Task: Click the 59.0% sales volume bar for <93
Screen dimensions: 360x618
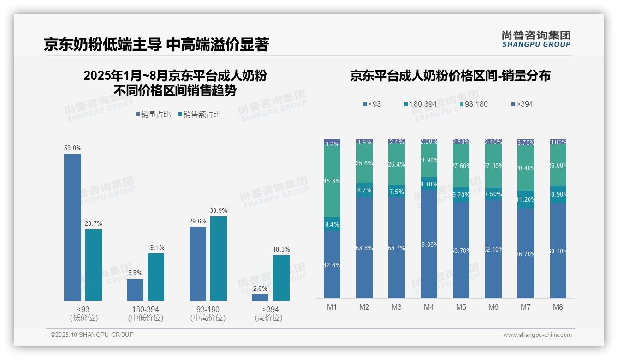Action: (72, 227)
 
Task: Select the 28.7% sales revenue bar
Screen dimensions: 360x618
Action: (94, 265)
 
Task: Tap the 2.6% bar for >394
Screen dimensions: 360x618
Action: (260, 298)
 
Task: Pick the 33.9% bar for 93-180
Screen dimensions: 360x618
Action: (219, 258)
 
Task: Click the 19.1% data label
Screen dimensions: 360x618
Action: (156, 247)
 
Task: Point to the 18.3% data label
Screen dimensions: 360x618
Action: (281, 249)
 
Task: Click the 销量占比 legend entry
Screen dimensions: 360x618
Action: (153, 114)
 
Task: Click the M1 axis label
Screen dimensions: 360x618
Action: (332, 307)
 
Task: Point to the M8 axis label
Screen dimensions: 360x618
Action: (558, 307)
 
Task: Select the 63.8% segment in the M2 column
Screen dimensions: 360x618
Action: (364, 248)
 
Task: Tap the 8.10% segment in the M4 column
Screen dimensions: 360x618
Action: (429, 184)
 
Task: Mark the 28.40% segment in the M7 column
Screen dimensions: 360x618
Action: (526, 168)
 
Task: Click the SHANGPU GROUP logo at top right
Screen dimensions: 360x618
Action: (536, 39)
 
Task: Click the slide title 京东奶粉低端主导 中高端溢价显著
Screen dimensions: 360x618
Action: (156, 44)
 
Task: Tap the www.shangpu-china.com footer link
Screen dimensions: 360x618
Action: (537, 335)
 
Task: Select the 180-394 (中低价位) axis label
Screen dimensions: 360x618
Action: (146, 313)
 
